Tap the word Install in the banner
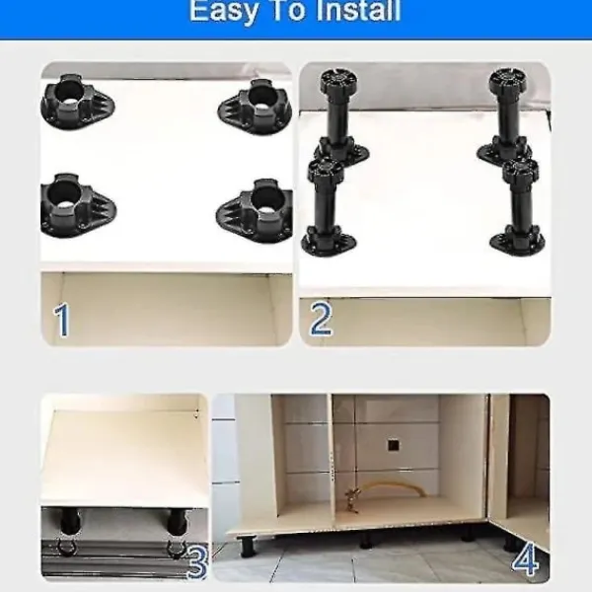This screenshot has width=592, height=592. [358, 10]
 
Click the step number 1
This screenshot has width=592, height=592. [62, 320]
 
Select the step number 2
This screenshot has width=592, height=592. [321, 319]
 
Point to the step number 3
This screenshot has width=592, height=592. [196, 562]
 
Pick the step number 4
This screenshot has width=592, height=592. [526, 559]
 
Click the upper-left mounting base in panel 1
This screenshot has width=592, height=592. [77, 102]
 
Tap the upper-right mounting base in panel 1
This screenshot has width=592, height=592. [256, 107]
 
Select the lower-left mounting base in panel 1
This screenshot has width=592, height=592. [78, 206]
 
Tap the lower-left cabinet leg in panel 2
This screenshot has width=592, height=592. [327, 207]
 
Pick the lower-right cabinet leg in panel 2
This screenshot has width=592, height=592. [519, 206]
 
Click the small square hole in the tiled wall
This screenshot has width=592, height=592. [393, 445]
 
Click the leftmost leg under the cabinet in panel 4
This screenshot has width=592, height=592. [248, 546]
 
